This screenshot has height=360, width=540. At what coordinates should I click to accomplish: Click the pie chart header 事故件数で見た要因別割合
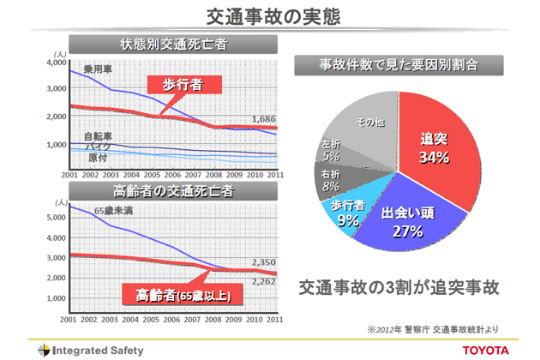pos(398,63)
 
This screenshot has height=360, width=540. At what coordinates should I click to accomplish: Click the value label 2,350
pos(264,262)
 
